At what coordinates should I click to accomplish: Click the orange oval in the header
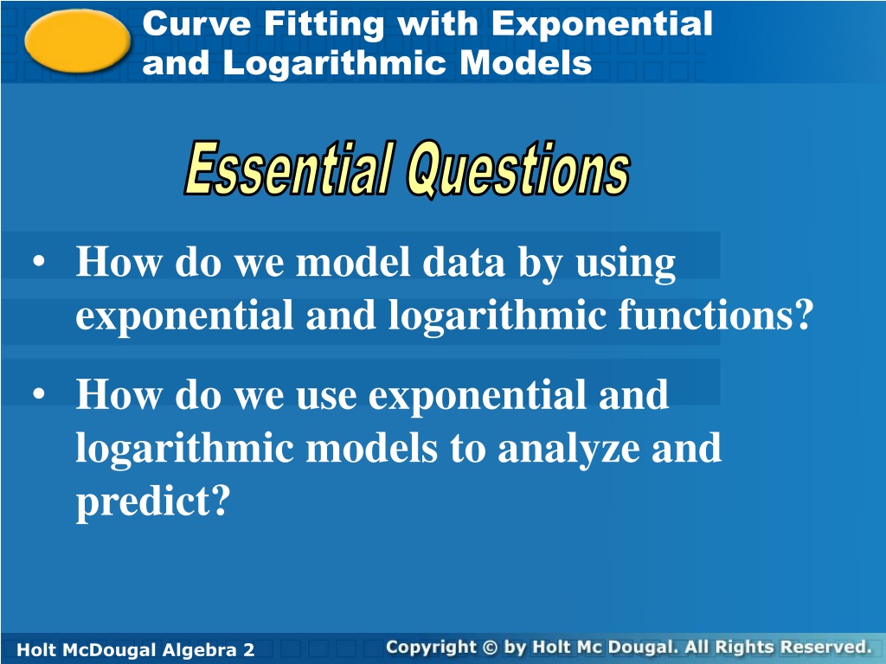click(x=77, y=41)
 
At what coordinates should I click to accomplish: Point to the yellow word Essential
click(x=289, y=167)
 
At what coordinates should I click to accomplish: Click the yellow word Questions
click(x=518, y=169)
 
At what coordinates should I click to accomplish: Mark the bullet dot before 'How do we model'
click(x=38, y=262)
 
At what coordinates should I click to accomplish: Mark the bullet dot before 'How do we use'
click(x=38, y=394)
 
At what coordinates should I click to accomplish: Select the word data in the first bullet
click(x=464, y=263)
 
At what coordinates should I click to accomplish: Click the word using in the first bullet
click(x=626, y=265)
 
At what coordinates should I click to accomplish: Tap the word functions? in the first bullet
click(x=716, y=314)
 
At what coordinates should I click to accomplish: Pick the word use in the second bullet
click(x=326, y=397)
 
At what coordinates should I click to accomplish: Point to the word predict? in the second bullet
click(x=153, y=501)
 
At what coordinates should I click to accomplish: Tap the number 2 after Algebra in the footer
click(x=248, y=649)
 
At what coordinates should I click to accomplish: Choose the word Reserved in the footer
click(x=825, y=647)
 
